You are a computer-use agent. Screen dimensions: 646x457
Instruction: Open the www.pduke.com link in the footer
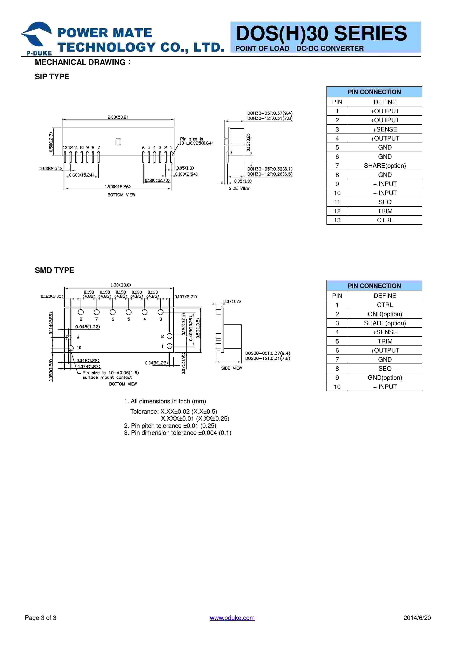click(x=232, y=618)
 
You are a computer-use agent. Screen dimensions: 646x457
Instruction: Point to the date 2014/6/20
click(x=417, y=618)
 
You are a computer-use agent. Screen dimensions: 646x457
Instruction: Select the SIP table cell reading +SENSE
click(x=385, y=129)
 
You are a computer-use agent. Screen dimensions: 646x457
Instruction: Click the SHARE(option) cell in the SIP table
click(x=385, y=166)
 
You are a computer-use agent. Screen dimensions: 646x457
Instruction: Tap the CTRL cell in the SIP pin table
click(x=385, y=220)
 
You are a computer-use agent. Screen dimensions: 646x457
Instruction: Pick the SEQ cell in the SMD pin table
click(x=385, y=369)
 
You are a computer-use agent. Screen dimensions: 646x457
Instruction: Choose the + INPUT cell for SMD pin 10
click(x=385, y=387)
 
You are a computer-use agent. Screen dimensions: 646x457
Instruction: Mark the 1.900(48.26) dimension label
click(x=118, y=187)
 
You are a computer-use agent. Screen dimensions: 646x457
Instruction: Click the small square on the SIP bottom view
click(x=119, y=142)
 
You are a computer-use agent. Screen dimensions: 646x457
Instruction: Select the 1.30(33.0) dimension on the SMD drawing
click(x=121, y=285)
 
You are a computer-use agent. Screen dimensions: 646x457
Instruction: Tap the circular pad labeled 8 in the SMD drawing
click(x=81, y=312)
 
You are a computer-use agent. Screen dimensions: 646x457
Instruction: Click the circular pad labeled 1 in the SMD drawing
click(x=170, y=346)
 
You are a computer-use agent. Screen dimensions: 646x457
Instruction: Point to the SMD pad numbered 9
click(x=68, y=337)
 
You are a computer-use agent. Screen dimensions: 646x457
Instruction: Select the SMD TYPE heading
click(x=54, y=270)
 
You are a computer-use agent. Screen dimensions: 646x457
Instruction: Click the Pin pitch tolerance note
click(x=170, y=426)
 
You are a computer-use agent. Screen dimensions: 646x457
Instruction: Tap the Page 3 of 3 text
click(x=41, y=618)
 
